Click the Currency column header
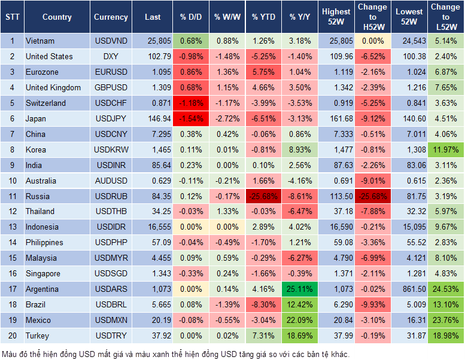coord(111,17)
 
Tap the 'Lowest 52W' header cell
coord(409,17)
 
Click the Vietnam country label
coord(40,41)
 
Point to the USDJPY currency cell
coord(111,118)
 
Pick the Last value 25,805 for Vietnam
coord(153,41)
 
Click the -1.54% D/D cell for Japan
coord(190,118)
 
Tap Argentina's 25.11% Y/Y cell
coord(300,289)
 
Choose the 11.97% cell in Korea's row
coord(446,150)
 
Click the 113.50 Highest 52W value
coord(336,196)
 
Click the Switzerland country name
coord(45,103)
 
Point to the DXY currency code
coord(111,57)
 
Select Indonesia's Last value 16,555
coord(153,227)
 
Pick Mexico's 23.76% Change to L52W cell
coord(446,320)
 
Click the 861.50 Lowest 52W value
coord(409,289)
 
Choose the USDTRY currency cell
coord(111,335)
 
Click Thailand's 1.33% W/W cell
coord(226,212)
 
